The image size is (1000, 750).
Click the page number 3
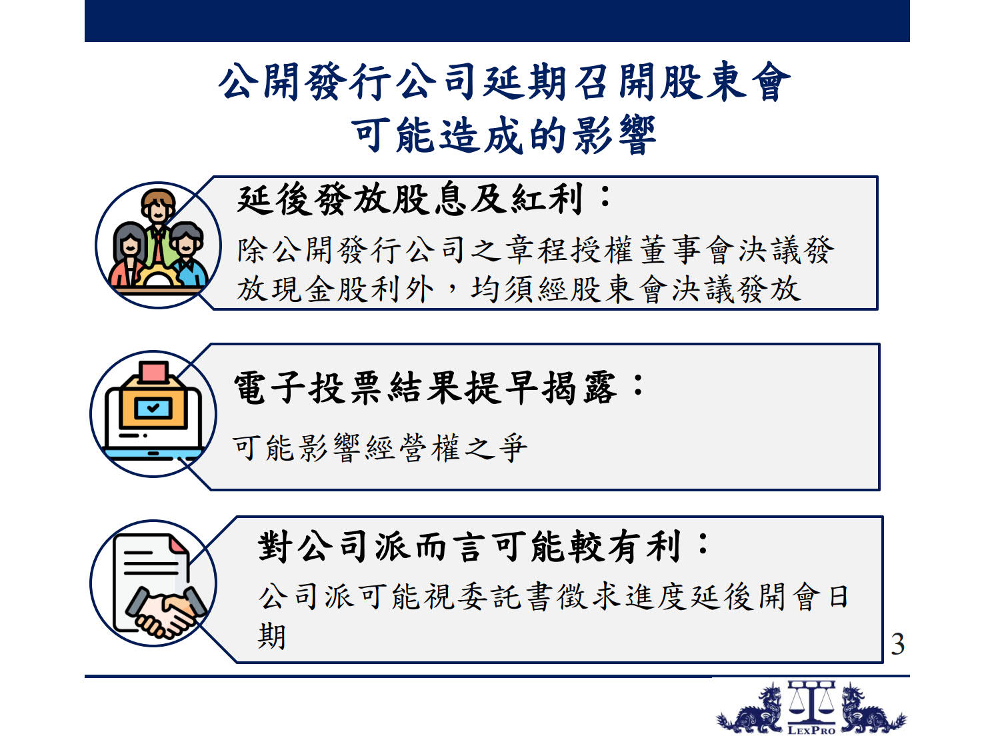(897, 644)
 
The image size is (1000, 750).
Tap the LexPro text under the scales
(811, 730)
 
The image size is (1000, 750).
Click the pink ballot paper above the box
(154, 372)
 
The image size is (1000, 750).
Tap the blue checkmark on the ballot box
(153, 407)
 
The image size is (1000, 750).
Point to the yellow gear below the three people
(157, 275)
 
